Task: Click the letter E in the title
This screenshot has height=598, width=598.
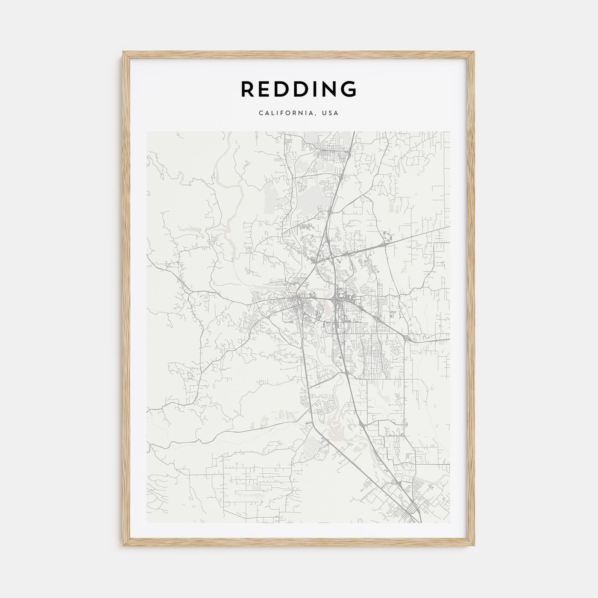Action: pyautogui.click(x=267, y=89)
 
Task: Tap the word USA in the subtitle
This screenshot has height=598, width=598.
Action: pyautogui.click(x=331, y=114)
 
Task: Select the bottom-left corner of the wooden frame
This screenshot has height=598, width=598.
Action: pyautogui.click(x=123, y=547)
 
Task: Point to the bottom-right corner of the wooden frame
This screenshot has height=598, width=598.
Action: pyautogui.click(x=474, y=547)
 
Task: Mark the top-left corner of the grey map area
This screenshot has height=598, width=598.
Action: pyautogui.click(x=147, y=132)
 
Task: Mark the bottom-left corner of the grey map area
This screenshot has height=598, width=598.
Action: pyautogui.click(x=147, y=523)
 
